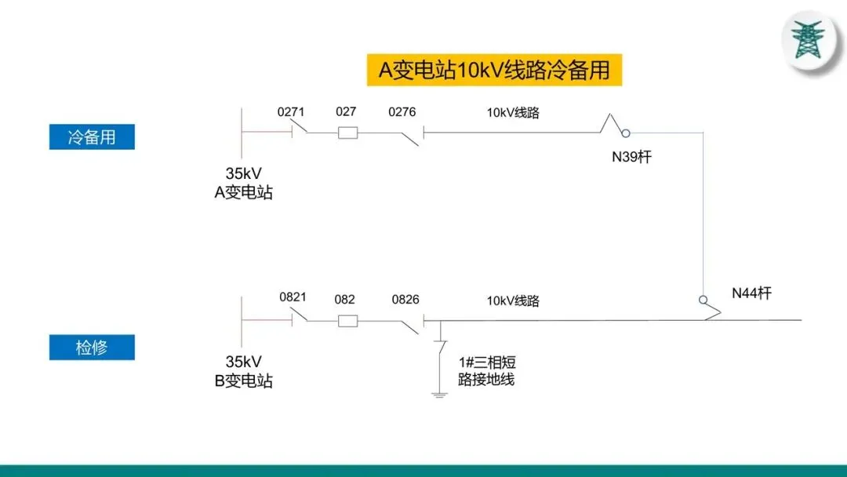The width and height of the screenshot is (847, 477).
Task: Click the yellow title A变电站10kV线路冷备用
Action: tap(494, 70)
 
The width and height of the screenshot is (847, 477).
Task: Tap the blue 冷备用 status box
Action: tap(92, 137)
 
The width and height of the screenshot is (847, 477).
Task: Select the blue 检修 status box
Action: tap(92, 348)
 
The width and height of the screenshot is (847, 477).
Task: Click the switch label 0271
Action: tap(291, 112)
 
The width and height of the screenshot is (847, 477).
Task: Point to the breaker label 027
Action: tap(346, 112)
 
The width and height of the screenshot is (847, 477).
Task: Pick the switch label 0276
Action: tap(402, 112)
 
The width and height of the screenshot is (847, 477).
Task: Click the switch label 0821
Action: tap(293, 298)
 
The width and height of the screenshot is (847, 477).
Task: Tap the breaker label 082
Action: tap(344, 300)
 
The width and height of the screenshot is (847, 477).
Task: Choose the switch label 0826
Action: tap(405, 300)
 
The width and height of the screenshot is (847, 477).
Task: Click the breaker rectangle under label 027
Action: tap(347, 133)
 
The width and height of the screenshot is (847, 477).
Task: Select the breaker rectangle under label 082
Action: tap(347, 320)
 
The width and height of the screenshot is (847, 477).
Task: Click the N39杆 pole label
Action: tap(631, 157)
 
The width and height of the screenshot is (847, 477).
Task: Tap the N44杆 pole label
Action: tap(752, 293)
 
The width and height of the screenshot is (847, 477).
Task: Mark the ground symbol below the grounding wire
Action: tap(440, 393)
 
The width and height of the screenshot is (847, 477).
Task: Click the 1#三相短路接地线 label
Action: tap(486, 371)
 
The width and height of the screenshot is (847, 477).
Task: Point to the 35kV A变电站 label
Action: tap(244, 184)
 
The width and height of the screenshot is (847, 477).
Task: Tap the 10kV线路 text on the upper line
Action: tap(513, 112)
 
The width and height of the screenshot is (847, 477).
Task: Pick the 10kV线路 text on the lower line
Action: tap(513, 300)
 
